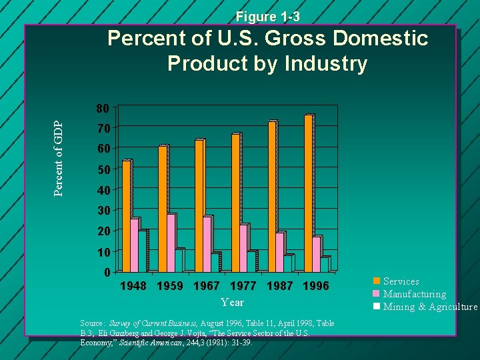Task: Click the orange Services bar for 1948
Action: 127,216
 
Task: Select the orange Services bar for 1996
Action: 308,193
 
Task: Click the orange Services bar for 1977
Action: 235,203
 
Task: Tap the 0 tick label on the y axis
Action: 106,273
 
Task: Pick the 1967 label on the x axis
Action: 207,287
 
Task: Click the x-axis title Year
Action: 232,302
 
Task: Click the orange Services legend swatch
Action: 377,281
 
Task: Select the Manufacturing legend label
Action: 414,294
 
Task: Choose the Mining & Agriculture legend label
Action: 430,307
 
